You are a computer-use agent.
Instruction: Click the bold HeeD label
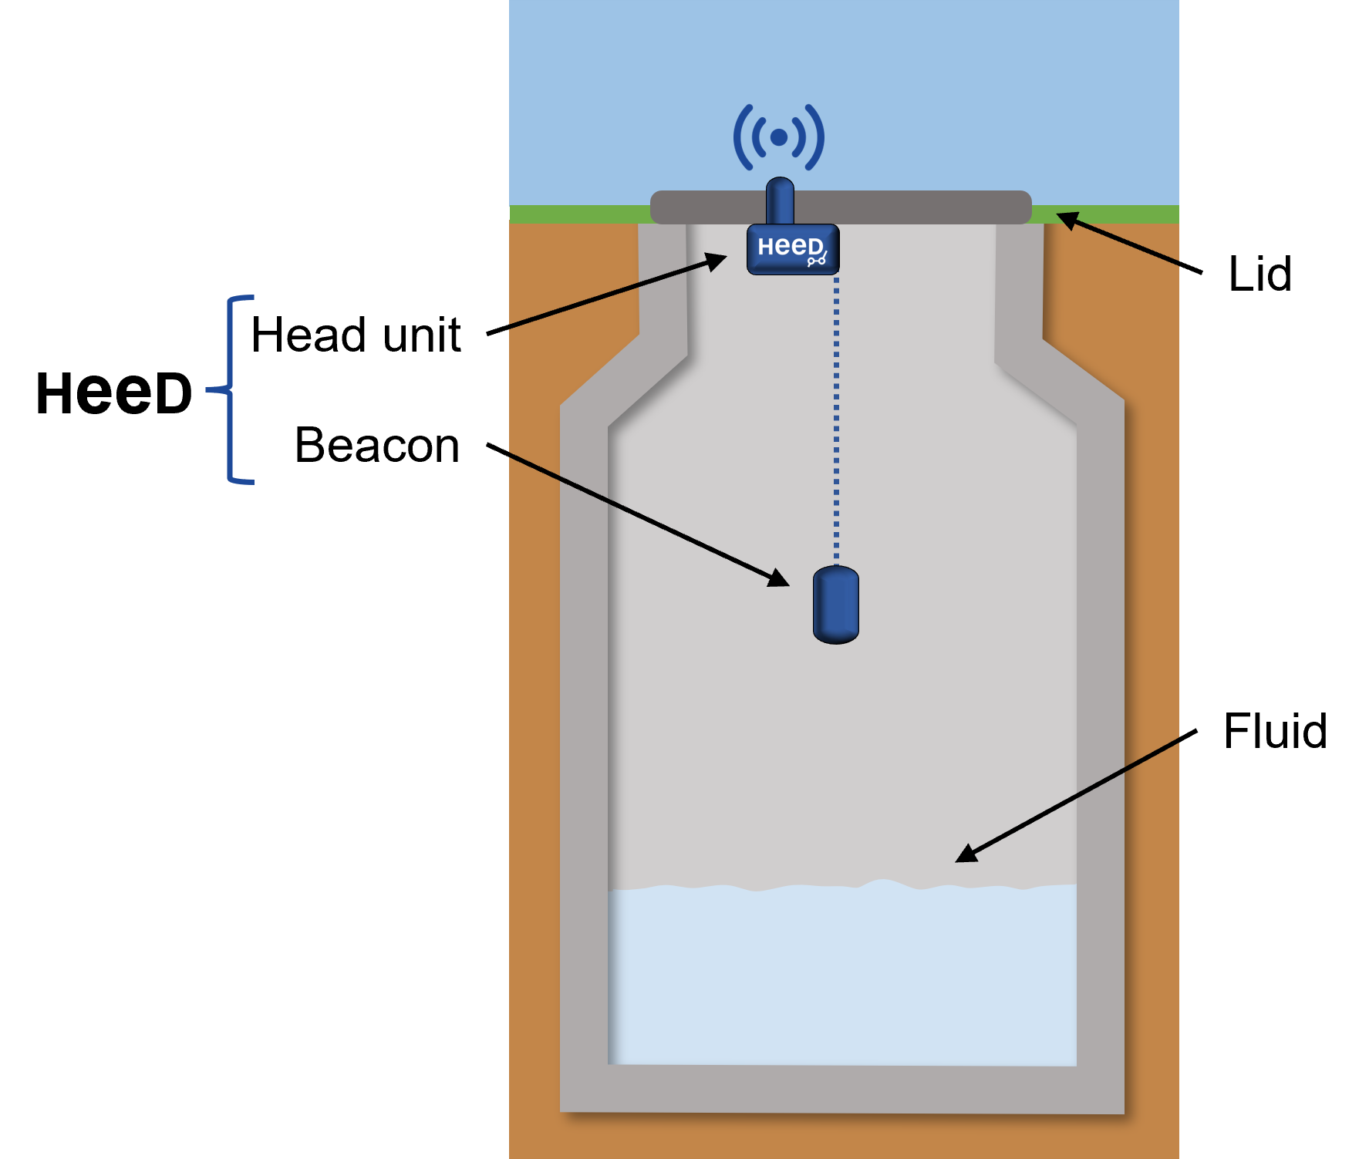114,393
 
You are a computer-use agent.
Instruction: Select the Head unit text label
356,335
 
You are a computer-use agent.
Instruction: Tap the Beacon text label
377,445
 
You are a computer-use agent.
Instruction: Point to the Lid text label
1260,274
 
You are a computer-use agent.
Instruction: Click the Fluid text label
1275,730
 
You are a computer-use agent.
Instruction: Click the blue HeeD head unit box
793,249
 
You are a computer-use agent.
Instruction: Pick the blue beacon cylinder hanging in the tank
836,605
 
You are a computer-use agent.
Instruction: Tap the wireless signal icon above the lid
779,137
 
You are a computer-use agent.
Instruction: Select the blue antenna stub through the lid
780,201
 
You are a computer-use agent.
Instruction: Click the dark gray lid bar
841,207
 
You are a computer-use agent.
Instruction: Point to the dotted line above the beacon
836,421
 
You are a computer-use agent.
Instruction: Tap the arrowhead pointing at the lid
1067,221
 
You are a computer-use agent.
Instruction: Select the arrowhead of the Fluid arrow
966,853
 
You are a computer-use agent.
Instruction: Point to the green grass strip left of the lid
580,214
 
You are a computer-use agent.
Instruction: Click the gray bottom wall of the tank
842,1089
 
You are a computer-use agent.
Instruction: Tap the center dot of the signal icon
779,137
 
